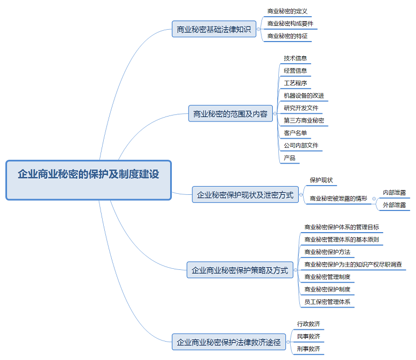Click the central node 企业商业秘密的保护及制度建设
coord(89,180)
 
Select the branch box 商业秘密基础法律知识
coord(214,29)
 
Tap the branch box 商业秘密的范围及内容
coord(230,114)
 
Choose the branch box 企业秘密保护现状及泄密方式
coord(245,195)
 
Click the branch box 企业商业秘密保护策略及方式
coord(240,270)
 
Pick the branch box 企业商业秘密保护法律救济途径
coord(229,342)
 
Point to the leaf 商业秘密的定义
coord(287,11)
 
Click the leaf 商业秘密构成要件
coord(290,24)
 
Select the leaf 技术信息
coord(296,58)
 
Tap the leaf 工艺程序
coord(296,83)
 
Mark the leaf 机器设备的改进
coord(304,96)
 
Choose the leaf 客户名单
coord(296,133)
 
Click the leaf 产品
coord(290,158)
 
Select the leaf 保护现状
coord(321,180)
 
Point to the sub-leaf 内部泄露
coord(394,192)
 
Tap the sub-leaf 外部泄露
coord(394,205)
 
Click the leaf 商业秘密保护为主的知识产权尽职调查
coord(353,264)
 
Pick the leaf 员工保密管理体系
coord(327,302)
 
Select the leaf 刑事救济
coord(308,349)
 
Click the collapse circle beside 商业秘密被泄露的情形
coord(374,199)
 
